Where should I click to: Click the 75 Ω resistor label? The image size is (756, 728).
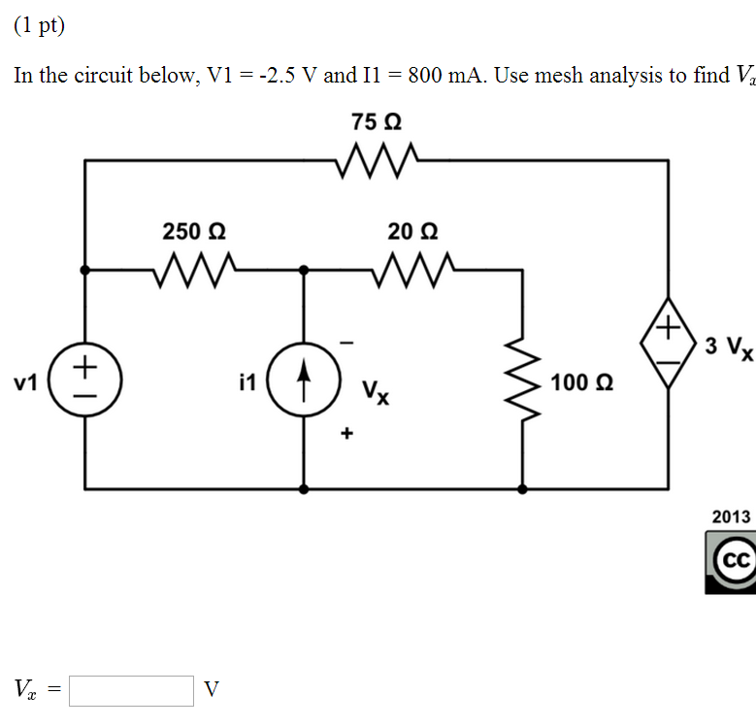point(377,123)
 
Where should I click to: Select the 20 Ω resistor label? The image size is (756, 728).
point(412,231)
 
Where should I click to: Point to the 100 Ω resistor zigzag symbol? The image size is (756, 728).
point(523,381)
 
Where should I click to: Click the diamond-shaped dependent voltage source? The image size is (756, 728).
point(668,346)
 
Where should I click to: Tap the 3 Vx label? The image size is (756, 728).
point(728,347)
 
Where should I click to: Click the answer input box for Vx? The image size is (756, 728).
point(132,690)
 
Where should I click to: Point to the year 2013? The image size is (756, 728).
point(731,516)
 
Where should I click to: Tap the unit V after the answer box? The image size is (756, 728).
point(212,690)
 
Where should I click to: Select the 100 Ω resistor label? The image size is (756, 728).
point(580,382)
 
